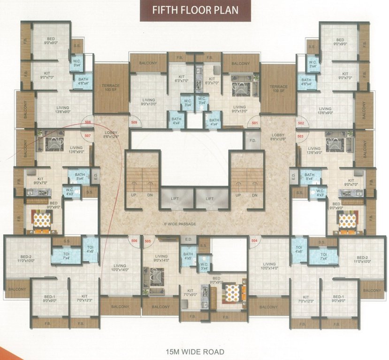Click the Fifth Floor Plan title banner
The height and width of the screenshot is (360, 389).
[194, 10]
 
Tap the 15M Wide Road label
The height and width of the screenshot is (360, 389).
[194, 351]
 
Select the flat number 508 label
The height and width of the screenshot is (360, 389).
[87, 123]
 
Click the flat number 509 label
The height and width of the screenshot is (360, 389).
[134, 123]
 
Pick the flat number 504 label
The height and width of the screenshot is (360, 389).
[254, 241]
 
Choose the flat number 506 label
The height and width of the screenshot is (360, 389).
[134, 241]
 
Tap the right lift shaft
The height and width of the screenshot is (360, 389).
[210, 199]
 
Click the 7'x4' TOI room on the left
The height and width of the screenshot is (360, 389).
[66, 255]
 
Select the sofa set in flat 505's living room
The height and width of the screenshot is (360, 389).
[154, 275]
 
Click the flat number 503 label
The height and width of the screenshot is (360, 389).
[300, 136]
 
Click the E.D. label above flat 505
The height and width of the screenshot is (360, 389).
[189, 239]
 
